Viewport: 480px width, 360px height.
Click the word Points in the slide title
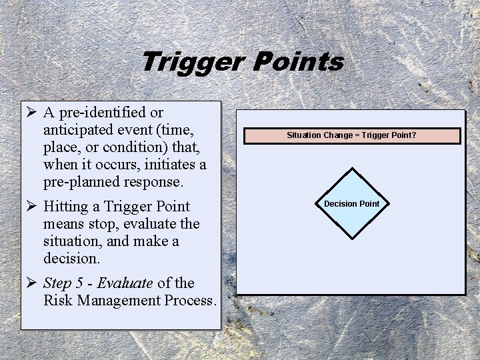click(x=299, y=62)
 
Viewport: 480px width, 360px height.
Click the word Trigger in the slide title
click(x=193, y=62)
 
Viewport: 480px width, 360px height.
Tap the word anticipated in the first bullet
click(x=81, y=129)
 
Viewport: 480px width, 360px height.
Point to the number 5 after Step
click(x=81, y=283)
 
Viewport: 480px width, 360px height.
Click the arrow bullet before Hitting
click(x=31, y=206)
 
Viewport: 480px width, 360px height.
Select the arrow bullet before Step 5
click(x=31, y=283)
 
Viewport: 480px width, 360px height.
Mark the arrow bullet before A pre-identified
click(x=31, y=112)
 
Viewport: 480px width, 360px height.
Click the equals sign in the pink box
click(x=357, y=135)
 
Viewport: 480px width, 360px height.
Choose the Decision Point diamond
click(x=351, y=204)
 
